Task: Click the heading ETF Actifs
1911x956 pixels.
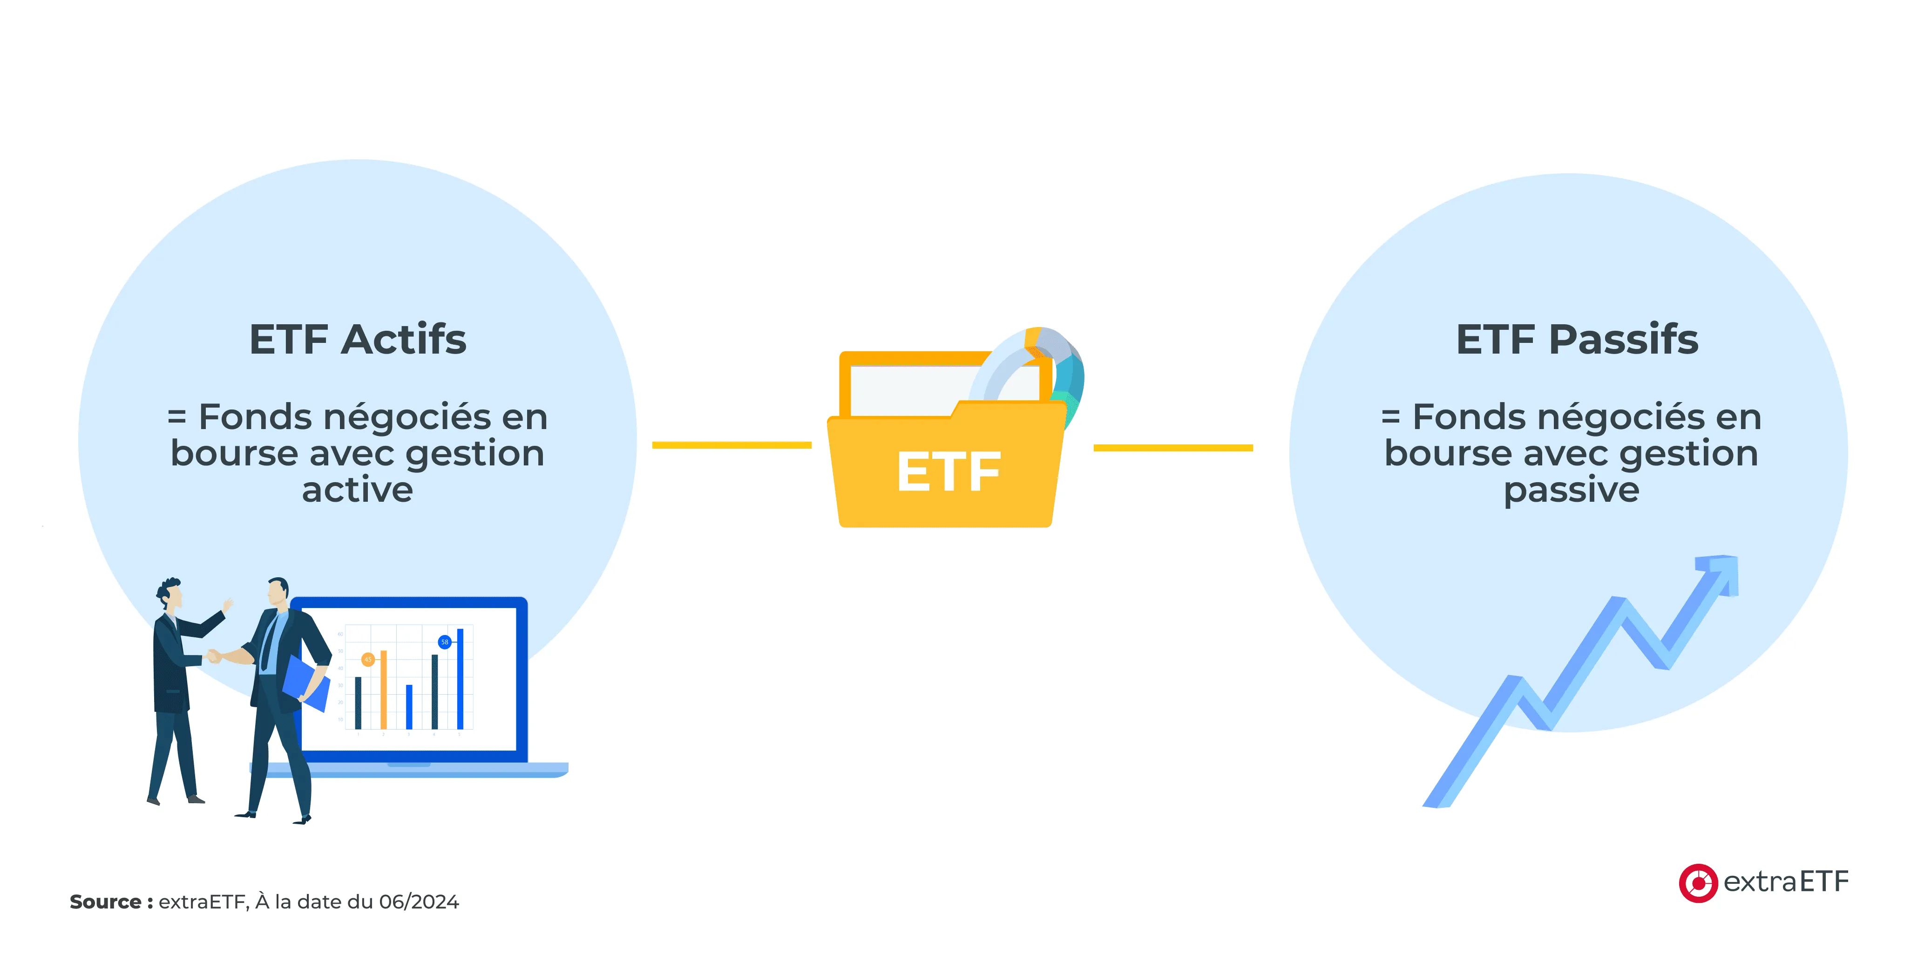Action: pos(358,340)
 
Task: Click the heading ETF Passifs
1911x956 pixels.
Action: pos(1576,340)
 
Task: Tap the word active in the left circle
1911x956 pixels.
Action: pos(358,490)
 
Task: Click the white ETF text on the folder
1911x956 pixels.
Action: pos(949,472)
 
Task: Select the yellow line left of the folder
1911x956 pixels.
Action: pos(732,445)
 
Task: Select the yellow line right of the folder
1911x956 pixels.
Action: pos(1173,448)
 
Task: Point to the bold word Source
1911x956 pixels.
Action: pos(105,902)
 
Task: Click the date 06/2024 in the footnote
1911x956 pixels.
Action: pos(419,902)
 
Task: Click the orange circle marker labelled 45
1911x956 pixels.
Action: pos(368,659)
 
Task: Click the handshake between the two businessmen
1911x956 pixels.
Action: pos(214,656)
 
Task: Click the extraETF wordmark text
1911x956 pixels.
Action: pos(1786,882)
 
